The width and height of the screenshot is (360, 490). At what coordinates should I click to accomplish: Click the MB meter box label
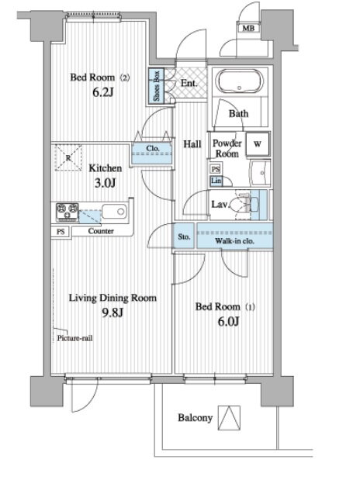(248, 28)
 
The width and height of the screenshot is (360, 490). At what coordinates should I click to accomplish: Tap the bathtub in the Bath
(239, 81)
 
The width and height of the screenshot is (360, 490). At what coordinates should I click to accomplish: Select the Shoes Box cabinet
(156, 85)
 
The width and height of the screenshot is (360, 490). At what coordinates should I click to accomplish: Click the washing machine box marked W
(258, 143)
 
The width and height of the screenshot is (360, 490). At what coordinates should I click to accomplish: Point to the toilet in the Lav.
(247, 205)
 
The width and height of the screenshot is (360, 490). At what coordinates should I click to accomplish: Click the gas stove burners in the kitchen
(67, 212)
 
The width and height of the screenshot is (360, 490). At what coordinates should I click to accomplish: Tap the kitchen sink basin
(115, 212)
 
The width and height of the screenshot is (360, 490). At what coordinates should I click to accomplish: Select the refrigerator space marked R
(68, 157)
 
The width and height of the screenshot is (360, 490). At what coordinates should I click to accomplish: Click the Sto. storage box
(184, 236)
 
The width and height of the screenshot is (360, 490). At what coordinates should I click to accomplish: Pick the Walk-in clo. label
(234, 241)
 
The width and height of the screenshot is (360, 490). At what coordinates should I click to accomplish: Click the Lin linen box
(216, 181)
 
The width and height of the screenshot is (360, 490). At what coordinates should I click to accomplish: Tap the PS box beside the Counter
(61, 232)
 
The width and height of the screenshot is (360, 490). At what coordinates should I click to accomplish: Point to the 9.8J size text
(112, 312)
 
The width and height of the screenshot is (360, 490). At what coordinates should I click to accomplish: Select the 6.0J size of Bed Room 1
(228, 321)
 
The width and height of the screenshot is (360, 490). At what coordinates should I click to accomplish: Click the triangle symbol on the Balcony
(229, 418)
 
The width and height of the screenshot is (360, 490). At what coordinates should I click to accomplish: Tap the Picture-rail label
(74, 338)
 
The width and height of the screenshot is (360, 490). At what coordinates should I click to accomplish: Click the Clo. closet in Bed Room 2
(152, 153)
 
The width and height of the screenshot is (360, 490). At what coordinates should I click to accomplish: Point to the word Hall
(192, 144)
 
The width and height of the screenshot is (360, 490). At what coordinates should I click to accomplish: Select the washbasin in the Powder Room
(260, 173)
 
